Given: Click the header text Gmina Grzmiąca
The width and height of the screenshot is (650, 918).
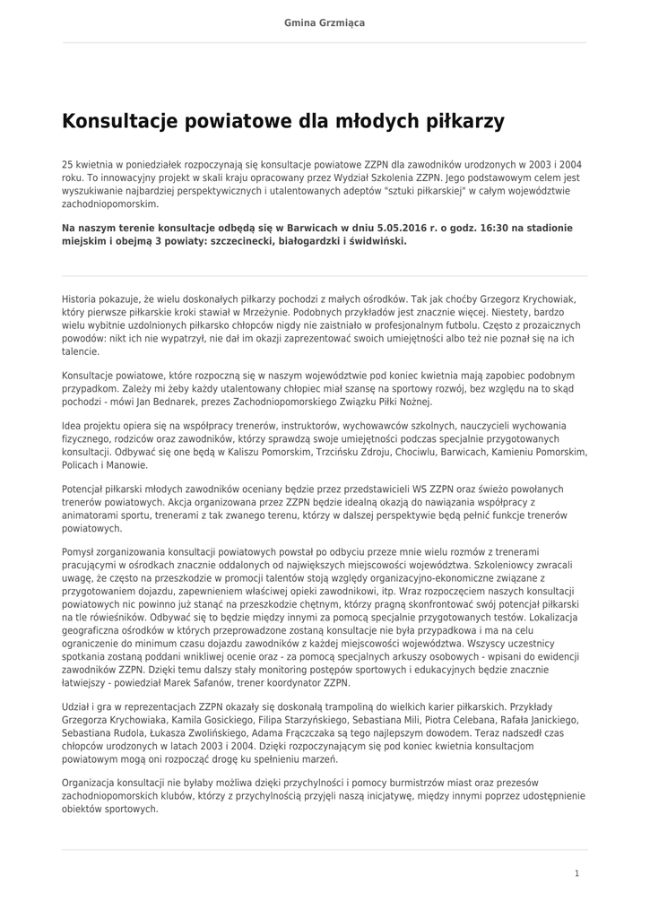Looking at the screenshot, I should click(325, 22).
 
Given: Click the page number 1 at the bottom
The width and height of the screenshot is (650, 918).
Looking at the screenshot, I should click(576, 872).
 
